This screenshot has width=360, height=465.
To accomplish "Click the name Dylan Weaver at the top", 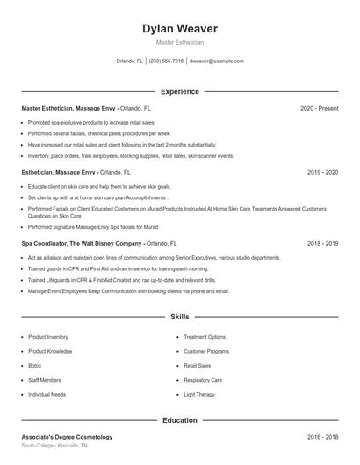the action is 179,29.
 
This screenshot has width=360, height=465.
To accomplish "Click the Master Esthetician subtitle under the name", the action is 179,42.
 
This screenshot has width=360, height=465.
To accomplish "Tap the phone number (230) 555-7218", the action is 166,61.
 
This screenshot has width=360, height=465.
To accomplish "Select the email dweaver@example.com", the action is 216,61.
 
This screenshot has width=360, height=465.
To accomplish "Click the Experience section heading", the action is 179,91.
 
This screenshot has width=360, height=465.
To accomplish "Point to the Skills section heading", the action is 179,316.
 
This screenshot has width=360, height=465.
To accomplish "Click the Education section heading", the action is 179,420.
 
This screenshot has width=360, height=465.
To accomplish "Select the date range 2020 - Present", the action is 319,108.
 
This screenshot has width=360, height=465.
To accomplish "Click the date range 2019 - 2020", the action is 322,173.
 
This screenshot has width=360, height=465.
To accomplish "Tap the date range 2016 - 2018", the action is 322,436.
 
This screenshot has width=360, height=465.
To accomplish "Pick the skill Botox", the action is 35,366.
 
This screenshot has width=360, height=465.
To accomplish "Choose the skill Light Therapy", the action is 198,395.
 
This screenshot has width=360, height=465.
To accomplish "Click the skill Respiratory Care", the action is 203,380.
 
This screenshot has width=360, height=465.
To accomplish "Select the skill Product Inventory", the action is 48,337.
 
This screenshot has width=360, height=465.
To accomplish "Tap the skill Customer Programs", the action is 206,351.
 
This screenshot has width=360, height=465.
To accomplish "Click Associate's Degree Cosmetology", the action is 67,436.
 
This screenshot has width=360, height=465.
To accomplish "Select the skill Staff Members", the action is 45,380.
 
